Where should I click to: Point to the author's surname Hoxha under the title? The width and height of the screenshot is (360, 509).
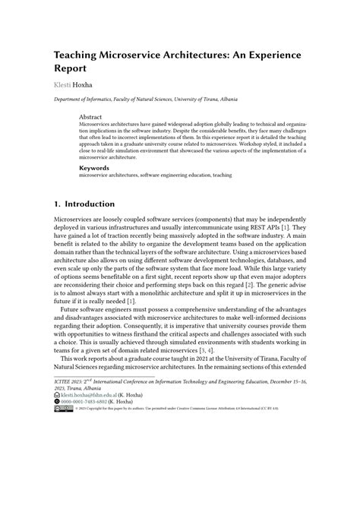point(86,90)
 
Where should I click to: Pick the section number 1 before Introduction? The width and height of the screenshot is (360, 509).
point(57,204)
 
